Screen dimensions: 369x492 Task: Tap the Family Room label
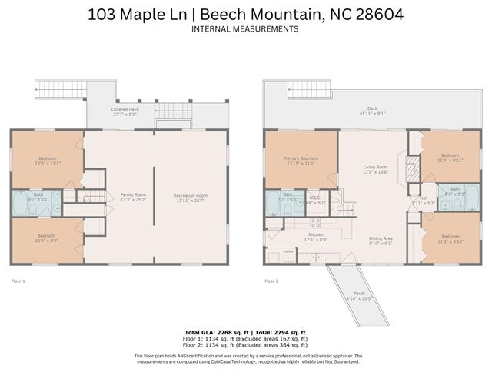[134, 198]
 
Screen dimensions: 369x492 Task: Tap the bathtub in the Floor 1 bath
[19, 204]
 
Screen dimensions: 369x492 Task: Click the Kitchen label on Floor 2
[316, 236]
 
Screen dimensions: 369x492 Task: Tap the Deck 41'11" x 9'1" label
[372, 111]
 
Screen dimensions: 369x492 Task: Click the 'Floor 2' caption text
[271, 281]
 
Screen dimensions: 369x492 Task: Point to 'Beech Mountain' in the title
[266, 14]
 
